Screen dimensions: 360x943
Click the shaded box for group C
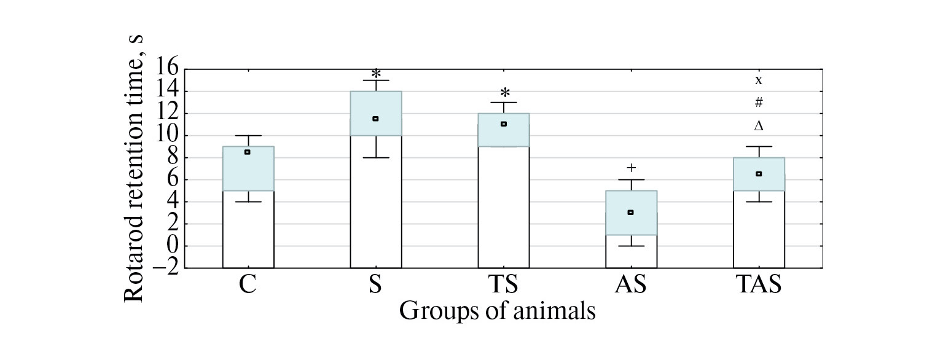pos(248,168)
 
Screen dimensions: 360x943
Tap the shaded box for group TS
pos(503,130)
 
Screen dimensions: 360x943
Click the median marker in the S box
pos(375,119)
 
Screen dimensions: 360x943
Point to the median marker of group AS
pos(630,212)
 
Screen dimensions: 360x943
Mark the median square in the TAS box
pos(759,174)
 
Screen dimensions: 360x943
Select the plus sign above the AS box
pos(631,167)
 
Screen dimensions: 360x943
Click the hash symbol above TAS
pos(759,102)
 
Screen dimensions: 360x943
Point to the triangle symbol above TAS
pos(759,126)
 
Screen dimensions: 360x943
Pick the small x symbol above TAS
pos(759,80)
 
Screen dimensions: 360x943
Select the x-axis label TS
pos(503,286)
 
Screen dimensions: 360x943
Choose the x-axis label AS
pos(631,286)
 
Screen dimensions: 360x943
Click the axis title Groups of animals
pos(497,311)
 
